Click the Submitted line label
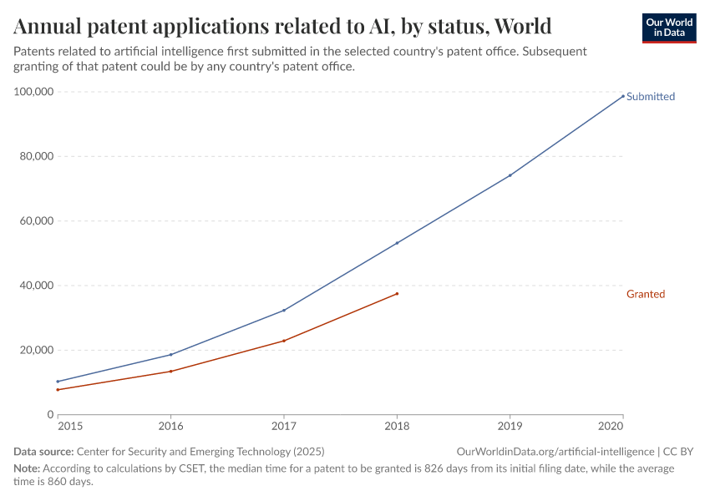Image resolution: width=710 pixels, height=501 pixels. pos(650,96)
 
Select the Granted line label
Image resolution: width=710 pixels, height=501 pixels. pos(645,294)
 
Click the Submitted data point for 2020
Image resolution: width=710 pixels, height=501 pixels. pos(622,95)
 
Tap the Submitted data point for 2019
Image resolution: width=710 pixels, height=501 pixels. pos(510,175)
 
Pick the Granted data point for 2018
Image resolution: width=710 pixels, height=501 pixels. pos(397,293)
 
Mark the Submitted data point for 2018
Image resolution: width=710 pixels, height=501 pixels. pos(397,243)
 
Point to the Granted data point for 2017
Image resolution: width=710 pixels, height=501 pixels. pos(284,341)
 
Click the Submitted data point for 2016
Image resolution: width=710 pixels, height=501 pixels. pos(171,354)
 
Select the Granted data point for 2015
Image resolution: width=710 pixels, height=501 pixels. pos(58,390)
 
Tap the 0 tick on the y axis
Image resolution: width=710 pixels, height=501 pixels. pos(50,415)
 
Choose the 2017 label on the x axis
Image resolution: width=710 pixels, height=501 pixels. pos(284,426)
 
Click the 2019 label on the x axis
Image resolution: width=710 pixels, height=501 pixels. pos(510,426)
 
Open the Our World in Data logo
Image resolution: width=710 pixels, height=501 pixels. pos(668,28)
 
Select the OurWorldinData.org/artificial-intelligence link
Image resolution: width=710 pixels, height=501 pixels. pos(555,452)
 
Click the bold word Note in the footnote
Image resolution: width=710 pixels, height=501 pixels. pos(27,469)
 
